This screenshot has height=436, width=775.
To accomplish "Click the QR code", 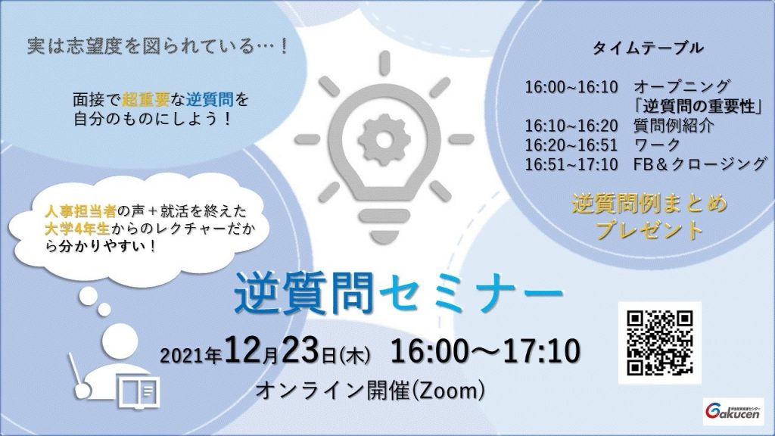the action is pos(659,343).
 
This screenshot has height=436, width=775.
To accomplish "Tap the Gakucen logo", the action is pos(732,411).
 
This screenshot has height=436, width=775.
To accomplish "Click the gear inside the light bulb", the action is pos(384,139).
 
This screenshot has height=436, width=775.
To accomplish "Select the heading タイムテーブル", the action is pos(648,48).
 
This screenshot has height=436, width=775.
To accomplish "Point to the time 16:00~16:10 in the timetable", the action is pos(571,87).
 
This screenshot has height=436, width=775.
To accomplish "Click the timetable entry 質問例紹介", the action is pos(674,126).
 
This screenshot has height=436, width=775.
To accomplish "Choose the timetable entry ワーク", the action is pos(658,145).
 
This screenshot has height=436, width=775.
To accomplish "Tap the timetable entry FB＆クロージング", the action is pos(700,163).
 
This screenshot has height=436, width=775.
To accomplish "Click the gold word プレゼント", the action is pos(649,230).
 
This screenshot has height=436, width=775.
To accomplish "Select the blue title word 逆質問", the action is pos(303,294).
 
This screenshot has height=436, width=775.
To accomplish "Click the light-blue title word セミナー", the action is pos(471,294).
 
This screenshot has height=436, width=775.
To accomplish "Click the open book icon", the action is pos(139,393).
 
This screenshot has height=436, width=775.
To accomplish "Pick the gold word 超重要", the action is pos(146,100).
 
